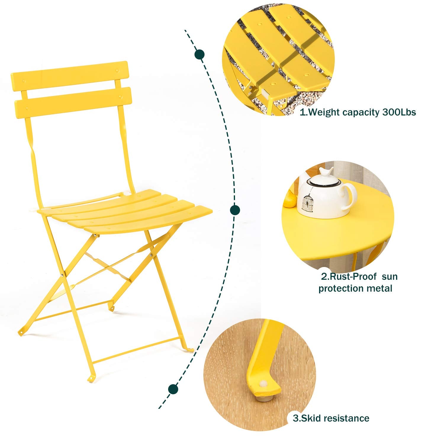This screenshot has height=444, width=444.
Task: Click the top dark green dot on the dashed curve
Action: [x=200, y=54]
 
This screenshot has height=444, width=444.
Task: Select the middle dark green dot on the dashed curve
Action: [x=235, y=210]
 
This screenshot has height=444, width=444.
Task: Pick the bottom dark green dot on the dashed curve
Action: [x=173, y=389]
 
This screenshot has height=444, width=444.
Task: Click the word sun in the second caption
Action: [x=390, y=277]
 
